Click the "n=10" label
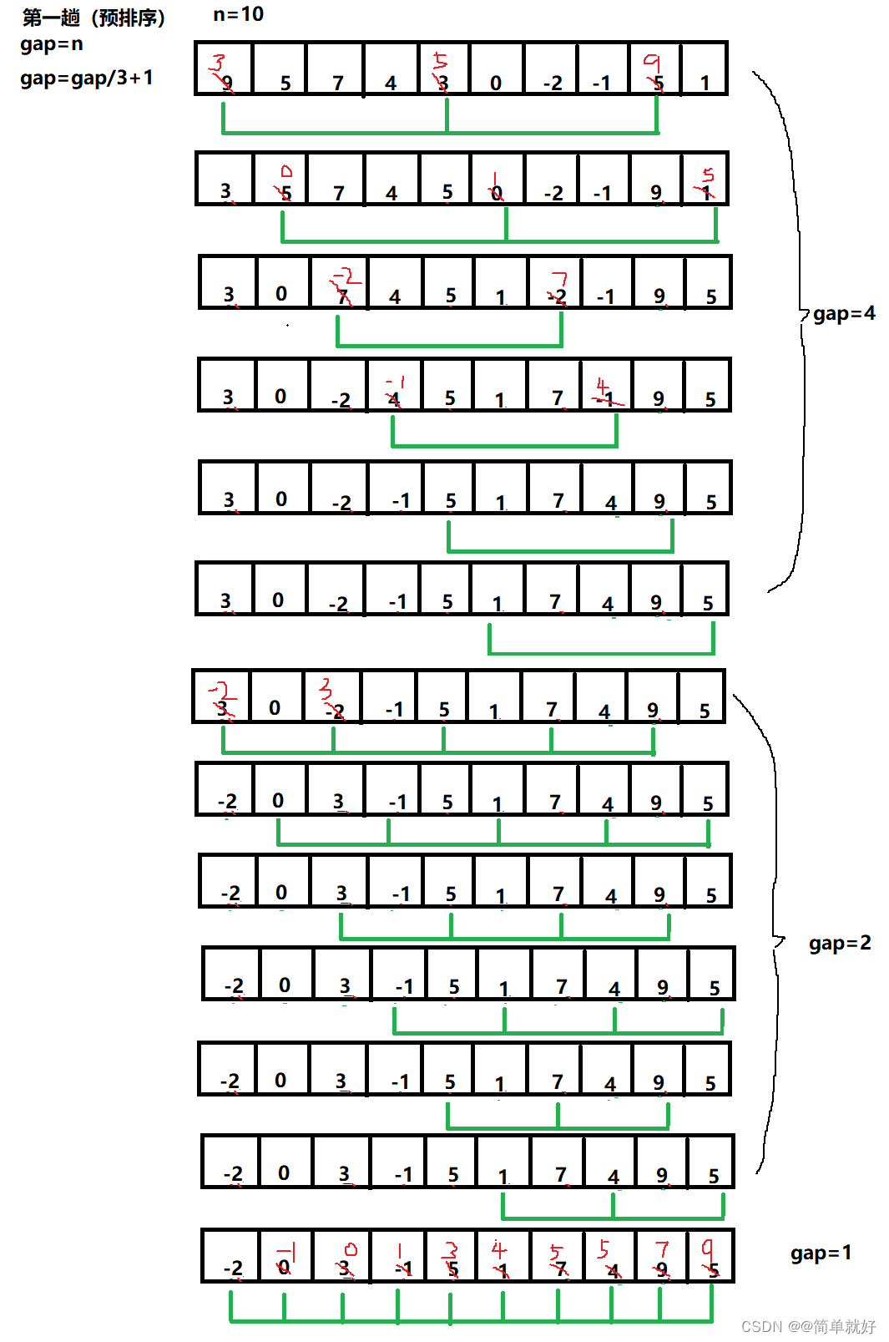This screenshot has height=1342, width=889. pos(238,14)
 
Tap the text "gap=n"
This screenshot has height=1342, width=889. pos(52,44)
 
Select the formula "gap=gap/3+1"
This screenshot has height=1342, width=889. pos(87,78)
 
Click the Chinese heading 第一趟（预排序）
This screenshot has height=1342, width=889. pos(93,18)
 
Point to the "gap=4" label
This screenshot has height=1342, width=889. pos(844,314)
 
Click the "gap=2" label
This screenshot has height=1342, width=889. pos(840,944)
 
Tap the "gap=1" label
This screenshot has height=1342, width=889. pos(821,1253)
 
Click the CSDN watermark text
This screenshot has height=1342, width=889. pos(808,1326)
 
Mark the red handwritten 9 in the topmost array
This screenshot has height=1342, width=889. pos(652,62)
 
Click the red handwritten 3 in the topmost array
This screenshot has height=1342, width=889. pos(219,62)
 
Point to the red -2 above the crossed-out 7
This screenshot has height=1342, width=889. pos(345,276)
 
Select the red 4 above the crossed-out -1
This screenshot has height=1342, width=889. pos(603,386)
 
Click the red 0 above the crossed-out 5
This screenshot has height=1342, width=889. pos(286,171)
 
